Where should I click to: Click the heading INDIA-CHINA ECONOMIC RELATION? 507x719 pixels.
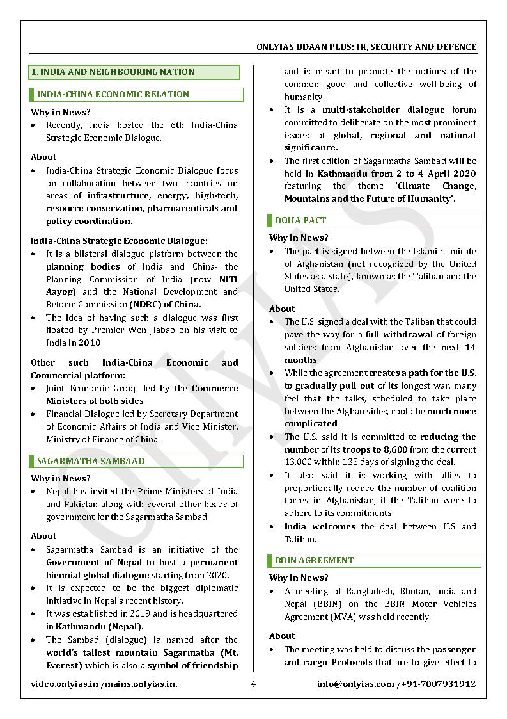tap(113, 94)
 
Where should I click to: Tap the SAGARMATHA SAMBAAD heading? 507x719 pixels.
tap(91, 461)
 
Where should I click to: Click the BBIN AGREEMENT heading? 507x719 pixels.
tap(314, 560)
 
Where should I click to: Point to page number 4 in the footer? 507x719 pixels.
tap(253, 684)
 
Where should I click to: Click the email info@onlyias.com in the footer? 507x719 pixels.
tap(355, 684)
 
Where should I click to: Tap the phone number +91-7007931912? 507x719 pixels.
tap(438, 684)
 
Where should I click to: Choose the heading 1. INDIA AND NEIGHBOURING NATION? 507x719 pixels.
tap(113, 72)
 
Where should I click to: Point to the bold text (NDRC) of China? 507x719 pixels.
tap(165, 305)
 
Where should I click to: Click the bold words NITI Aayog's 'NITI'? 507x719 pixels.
tap(228, 279)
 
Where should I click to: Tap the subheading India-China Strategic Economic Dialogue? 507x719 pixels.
tap(119, 241)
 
